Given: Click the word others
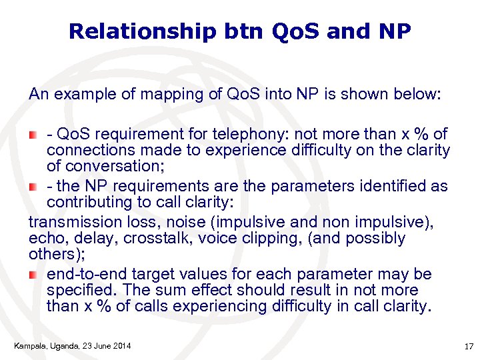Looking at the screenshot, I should pyautogui.click(x=49, y=254).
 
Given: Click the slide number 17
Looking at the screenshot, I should pyautogui.click(x=467, y=345).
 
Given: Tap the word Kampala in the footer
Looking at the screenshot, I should pyautogui.click(x=28, y=345).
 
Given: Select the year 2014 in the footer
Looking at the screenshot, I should pyautogui.click(x=120, y=345).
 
